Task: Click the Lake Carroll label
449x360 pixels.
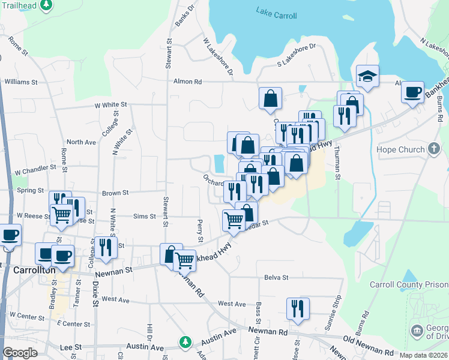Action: tap(276, 13)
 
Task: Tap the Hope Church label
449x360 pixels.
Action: tap(401, 149)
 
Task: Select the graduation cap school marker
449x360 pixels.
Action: tap(367, 77)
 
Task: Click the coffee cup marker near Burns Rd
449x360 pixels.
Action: tap(412, 92)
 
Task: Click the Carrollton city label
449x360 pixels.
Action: tap(34, 270)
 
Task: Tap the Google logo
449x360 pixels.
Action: tap(19, 352)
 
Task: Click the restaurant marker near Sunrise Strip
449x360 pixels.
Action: tap(298, 309)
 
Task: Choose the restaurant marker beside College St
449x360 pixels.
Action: tap(106, 248)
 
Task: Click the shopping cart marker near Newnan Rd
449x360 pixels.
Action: tap(184, 260)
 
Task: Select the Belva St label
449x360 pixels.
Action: tap(277, 278)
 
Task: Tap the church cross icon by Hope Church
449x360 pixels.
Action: tap(434, 149)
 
